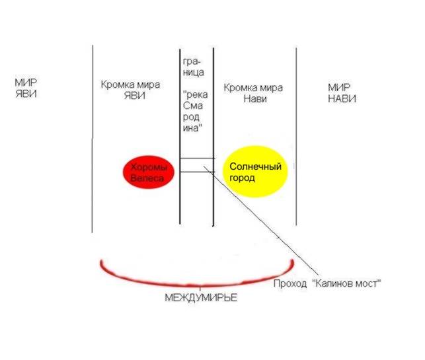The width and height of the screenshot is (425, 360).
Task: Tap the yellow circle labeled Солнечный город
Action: pos(256,172)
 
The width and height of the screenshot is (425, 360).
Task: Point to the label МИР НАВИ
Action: pos(342,92)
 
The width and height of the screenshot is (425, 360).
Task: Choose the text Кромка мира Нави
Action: pos(254,92)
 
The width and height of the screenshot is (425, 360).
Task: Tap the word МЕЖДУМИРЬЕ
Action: pos(200,298)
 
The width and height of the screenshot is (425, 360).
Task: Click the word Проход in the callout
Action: pos(290,283)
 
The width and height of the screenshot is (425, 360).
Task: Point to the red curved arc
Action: pos(196,277)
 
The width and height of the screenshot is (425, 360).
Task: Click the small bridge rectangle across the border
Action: pos(197,165)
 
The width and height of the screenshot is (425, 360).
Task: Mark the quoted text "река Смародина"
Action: pos(197,111)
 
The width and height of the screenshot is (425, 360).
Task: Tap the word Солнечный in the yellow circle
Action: pos(256,166)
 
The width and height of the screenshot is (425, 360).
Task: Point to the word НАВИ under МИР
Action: pos(342,98)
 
